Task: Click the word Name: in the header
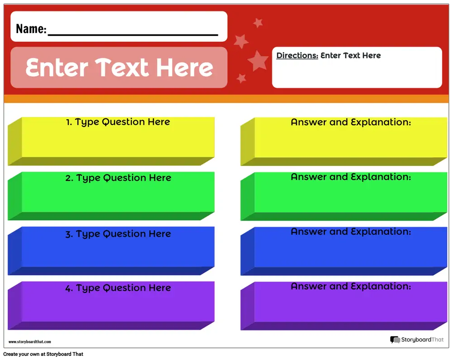[31, 29]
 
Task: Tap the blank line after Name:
[133, 35]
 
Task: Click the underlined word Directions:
[297, 55]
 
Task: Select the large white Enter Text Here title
[119, 68]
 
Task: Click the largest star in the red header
[258, 61]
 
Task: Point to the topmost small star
[258, 23]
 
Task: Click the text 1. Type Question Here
[118, 122]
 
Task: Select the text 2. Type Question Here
[118, 178]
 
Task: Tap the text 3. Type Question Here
[118, 234]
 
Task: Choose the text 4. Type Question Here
[118, 288]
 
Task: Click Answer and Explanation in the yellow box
[351, 122]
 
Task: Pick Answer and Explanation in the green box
[351, 177]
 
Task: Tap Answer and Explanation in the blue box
[351, 232]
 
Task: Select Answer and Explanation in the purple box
[351, 286]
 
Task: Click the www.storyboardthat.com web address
[30, 342]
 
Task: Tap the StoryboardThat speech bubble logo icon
[395, 340]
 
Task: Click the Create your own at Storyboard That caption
[43, 354]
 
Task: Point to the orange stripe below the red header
[226, 99]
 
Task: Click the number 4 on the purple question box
[68, 288]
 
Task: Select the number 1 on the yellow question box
[68, 122]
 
